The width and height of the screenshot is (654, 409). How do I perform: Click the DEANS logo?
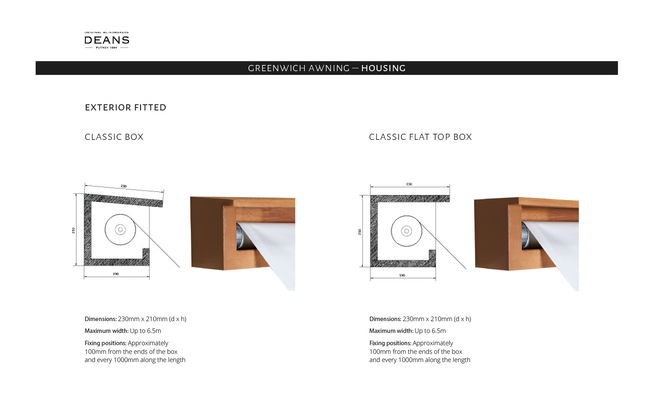(107, 40)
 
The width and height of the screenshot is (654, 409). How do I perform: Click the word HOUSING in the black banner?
(383, 68)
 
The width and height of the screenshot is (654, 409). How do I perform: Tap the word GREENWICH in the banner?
(277, 68)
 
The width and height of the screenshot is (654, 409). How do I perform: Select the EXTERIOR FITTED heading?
(125, 108)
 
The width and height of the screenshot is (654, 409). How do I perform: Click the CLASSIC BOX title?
(114, 137)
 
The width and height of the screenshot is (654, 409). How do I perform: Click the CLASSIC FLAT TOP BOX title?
(420, 137)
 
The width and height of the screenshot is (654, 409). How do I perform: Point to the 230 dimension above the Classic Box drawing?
(123, 186)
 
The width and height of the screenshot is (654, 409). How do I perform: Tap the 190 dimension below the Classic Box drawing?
(116, 274)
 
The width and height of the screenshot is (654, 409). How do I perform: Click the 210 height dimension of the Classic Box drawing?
(74, 230)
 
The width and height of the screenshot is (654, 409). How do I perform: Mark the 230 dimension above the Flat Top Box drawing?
(409, 184)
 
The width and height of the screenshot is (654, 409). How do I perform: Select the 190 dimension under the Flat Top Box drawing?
(402, 275)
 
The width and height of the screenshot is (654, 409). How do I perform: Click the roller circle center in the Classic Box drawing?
(120, 229)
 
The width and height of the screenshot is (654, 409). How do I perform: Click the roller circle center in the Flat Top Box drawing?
(406, 231)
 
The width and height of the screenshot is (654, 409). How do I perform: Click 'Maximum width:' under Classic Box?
(106, 331)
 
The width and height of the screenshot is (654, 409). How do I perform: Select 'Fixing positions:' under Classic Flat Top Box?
(390, 343)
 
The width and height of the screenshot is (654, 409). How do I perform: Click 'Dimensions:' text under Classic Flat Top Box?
(385, 319)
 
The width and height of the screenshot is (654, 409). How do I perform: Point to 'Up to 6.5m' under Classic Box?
(146, 331)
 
